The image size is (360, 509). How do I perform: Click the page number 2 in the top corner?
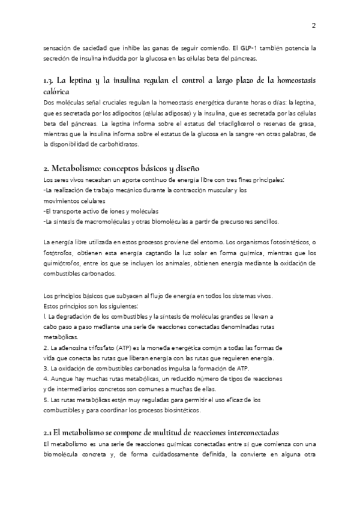(x=314, y=26)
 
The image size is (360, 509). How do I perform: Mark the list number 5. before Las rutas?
(x=47, y=400)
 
